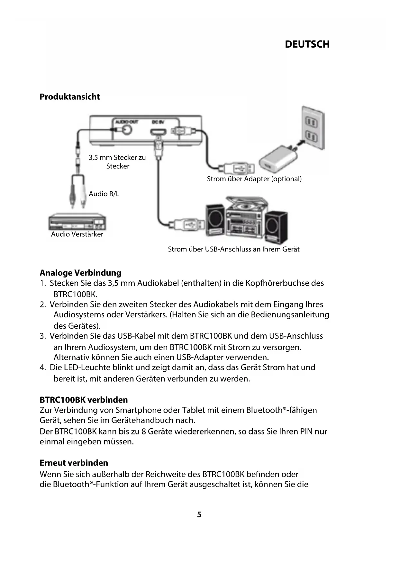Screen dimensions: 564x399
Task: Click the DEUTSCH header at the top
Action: click(307, 44)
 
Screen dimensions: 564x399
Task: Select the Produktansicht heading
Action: click(70, 97)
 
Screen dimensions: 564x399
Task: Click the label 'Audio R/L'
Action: click(104, 194)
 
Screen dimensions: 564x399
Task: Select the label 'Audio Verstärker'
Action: click(77, 234)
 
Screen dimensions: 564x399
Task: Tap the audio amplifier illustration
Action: click(77, 222)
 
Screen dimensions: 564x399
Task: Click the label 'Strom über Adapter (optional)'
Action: click(254, 179)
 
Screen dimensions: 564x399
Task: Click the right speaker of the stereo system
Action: click(276, 225)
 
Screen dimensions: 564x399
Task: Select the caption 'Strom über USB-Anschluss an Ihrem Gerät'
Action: click(234, 249)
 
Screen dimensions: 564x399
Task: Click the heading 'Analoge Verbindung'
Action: click(80, 273)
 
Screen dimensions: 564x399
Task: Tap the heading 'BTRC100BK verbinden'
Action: click(84, 400)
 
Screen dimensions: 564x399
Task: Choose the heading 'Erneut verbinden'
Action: click(74, 463)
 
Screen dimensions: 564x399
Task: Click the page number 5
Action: click(199, 515)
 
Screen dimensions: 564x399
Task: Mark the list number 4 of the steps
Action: click(42, 368)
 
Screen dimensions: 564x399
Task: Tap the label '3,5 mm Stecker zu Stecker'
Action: click(117, 162)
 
